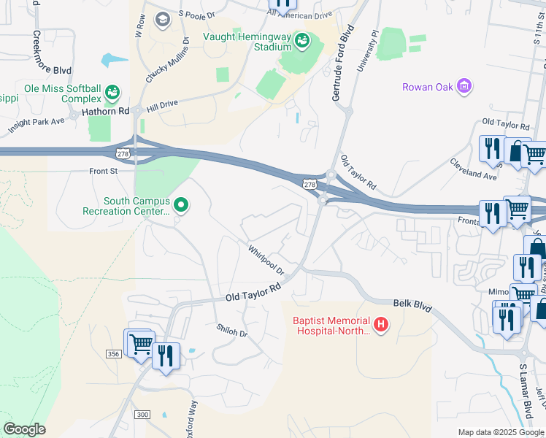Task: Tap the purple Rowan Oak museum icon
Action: pos(464,88)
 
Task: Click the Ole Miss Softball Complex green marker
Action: pos(112,93)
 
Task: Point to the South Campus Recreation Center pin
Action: pos(181,207)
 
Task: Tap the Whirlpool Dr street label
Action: pos(265,260)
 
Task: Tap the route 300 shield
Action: pos(142,415)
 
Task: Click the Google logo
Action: pos(24,429)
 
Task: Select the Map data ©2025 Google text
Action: pos(501,432)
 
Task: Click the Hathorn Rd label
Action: pos(105,111)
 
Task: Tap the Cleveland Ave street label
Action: pos(473,169)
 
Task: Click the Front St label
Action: pos(103,171)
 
